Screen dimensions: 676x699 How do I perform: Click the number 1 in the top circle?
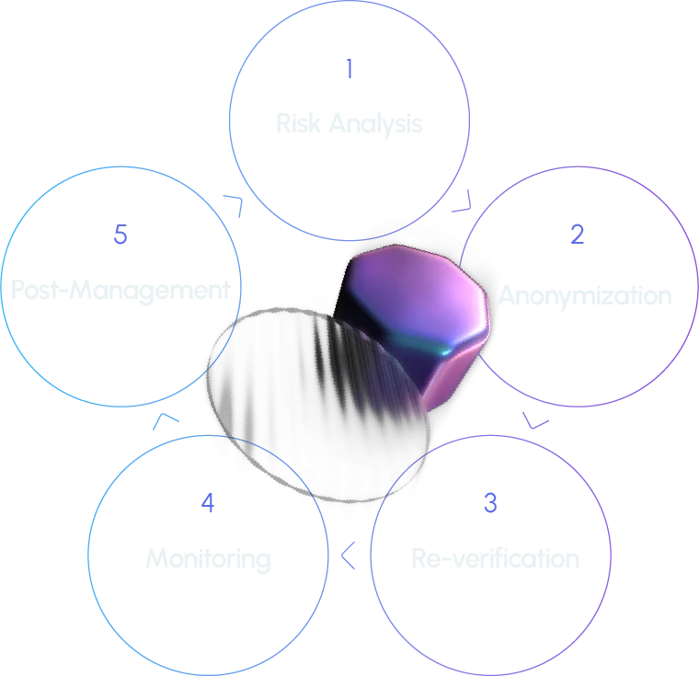click(349, 70)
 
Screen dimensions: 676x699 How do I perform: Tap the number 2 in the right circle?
click(577, 235)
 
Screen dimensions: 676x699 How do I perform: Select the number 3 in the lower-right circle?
click(489, 502)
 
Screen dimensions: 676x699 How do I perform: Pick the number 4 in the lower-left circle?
click(209, 503)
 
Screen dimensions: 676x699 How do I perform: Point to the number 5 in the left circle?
click(120, 235)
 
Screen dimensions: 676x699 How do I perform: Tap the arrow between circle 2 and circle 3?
click(536, 421)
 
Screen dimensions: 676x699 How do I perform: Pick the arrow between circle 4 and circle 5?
click(166, 419)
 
